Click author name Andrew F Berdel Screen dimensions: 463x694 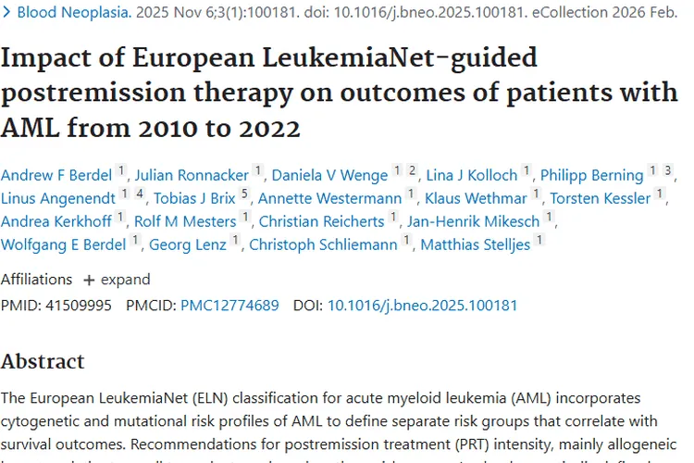click(x=56, y=174)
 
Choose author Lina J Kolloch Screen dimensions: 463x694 click(x=472, y=174)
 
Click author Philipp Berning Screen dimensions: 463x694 click(x=591, y=174)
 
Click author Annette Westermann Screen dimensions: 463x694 click(x=329, y=198)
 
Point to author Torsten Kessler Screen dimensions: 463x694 click(x=601, y=198)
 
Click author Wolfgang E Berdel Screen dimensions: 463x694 click(x=65, y=244)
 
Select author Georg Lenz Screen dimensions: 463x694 click(x=189, y=244)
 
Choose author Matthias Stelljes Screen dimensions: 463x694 click(x=476, y=244)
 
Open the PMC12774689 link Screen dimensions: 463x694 click(x=229, y=305)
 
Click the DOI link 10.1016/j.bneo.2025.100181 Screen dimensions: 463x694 click(x=422, y=305)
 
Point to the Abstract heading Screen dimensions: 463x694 click(x=43, y=360)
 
